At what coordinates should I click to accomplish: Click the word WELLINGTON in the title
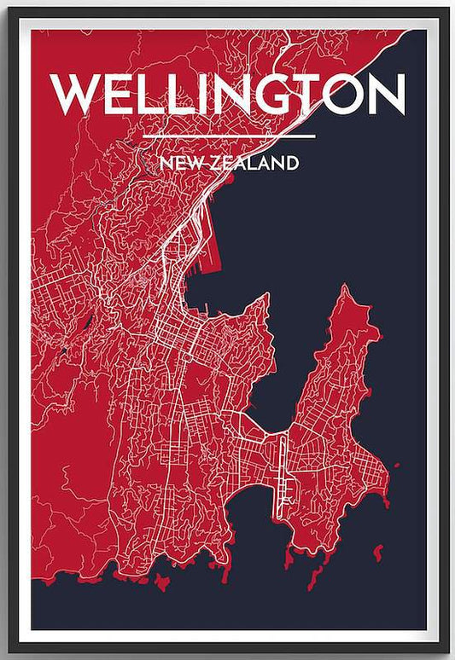[227, 94]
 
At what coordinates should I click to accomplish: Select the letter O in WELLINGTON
[343, 94]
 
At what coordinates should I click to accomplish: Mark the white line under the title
[229, 136]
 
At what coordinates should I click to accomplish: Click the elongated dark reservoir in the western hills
[87, 322]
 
